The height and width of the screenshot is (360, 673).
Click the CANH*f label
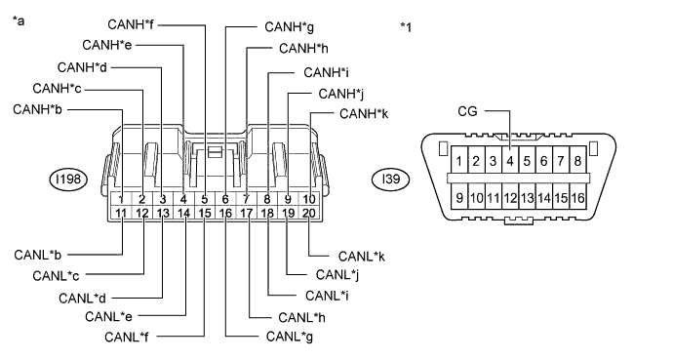pos(131,24)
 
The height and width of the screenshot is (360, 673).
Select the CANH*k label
pos(364,114)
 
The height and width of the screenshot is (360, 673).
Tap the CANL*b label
pos(37,255)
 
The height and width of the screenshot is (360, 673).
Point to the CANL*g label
pos(290,337)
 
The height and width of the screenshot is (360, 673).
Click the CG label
pos(467,111)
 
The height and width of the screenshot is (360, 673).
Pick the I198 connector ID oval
pos(68,179)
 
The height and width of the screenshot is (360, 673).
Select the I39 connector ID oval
pos(390,179)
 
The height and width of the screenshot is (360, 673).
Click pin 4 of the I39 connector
pos(510,160)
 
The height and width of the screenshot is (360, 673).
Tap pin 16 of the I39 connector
pos(578,197)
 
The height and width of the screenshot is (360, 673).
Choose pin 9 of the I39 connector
pos(459,197)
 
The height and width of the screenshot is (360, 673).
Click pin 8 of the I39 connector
pos(578,160)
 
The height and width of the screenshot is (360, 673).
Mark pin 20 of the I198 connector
pos(309,213)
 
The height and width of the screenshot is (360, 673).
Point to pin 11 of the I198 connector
pos(121,213)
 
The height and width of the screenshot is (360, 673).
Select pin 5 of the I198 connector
pos(205,199)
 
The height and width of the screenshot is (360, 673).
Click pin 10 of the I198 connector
pos(309,199)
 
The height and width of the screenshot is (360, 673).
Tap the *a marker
pos(19,20)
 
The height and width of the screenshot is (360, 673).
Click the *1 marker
pos(406,27)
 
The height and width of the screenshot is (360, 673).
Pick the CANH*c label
pos(57,89)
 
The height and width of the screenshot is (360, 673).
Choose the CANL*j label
pos(337,274)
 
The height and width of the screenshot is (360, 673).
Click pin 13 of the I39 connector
pos(527,197)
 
